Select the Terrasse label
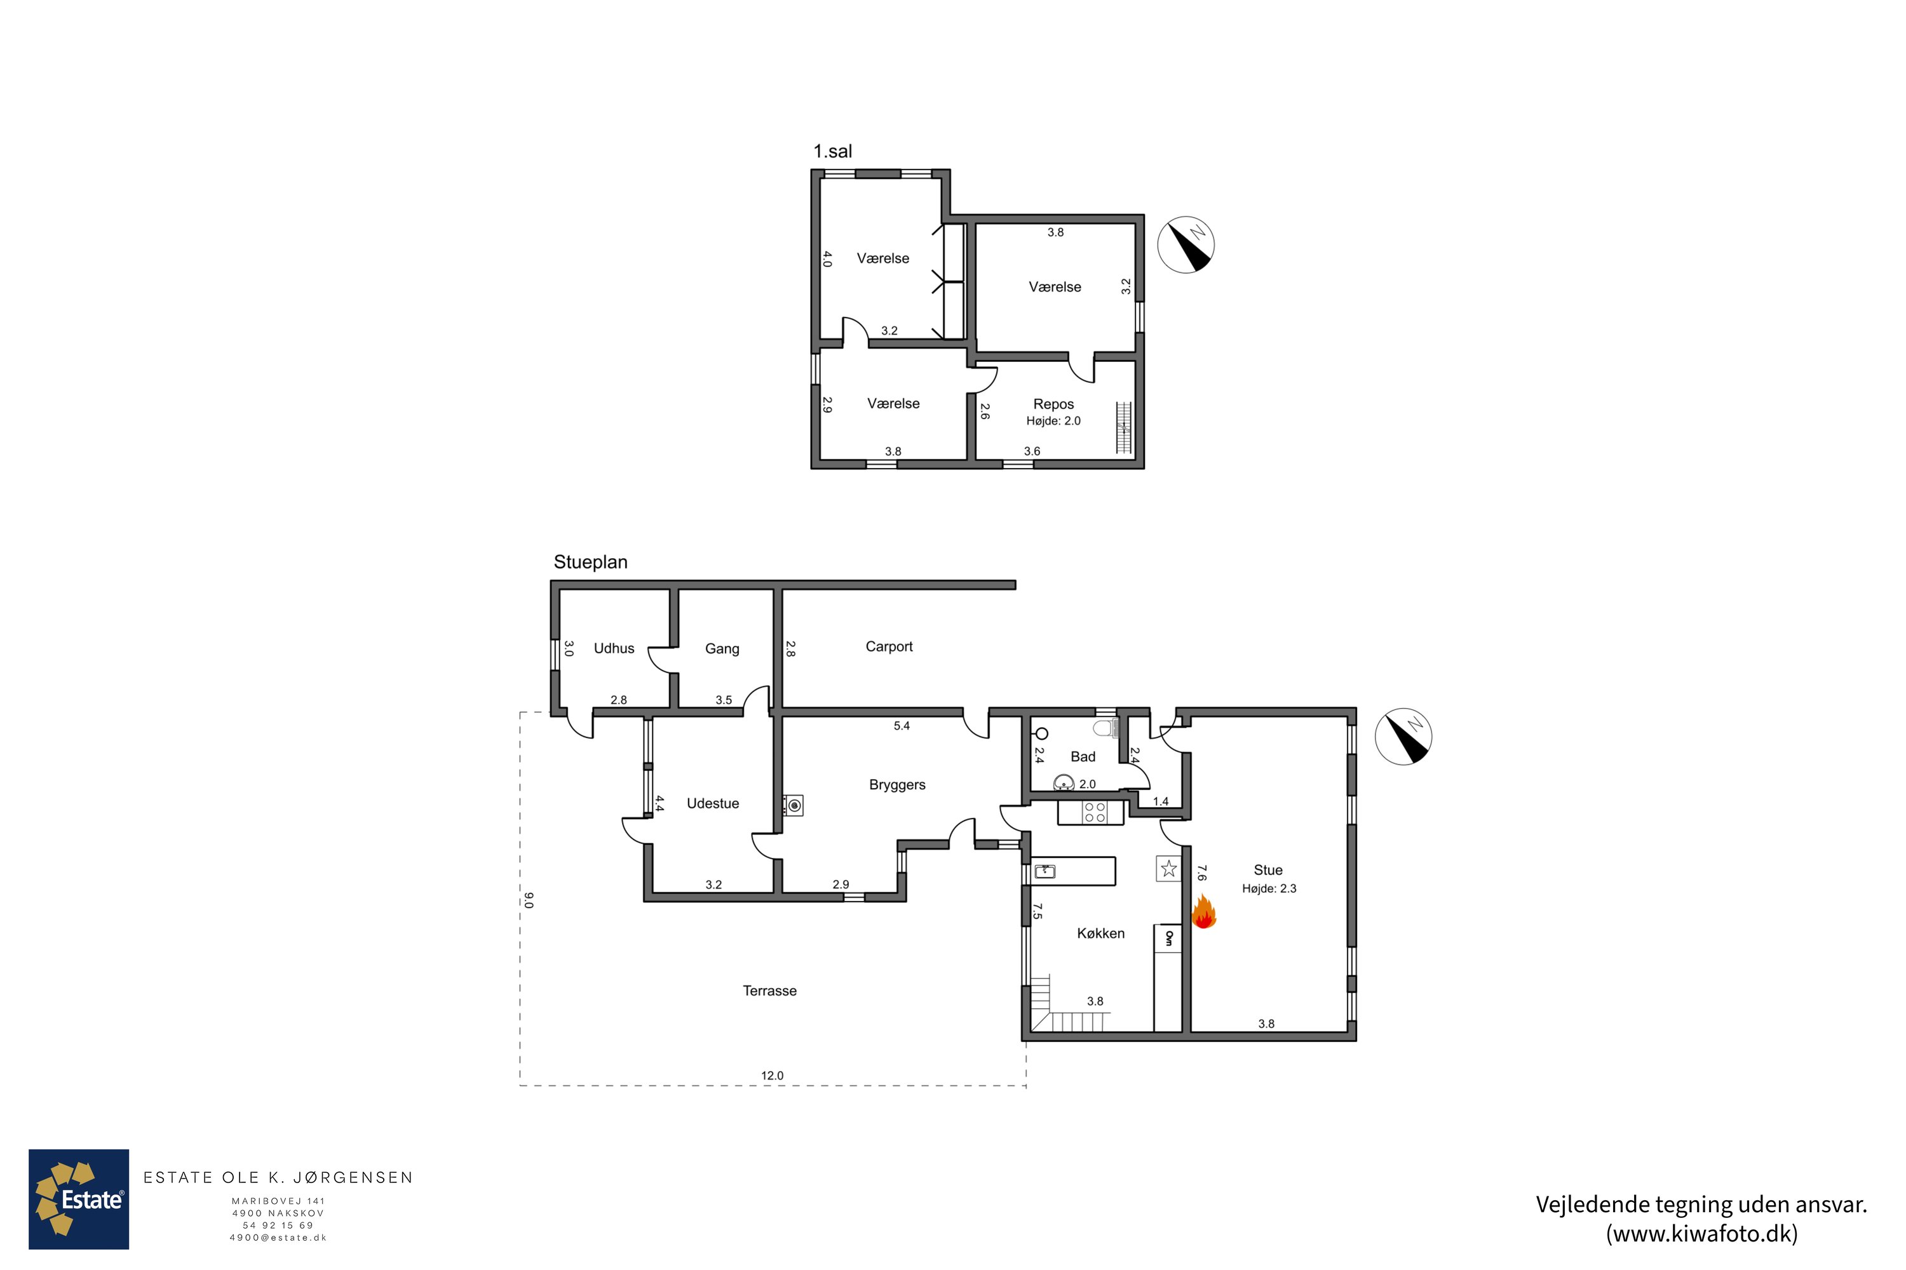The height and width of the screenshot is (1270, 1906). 770,991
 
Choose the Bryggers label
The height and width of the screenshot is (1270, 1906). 897,785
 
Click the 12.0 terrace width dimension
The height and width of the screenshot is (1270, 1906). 773,1076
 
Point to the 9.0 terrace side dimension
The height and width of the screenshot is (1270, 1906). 529,900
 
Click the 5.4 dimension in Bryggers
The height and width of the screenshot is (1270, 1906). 902,726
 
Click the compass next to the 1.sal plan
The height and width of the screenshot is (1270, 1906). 1186,244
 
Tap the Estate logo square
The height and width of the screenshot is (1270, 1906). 79,1199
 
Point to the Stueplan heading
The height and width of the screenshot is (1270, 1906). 591,562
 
